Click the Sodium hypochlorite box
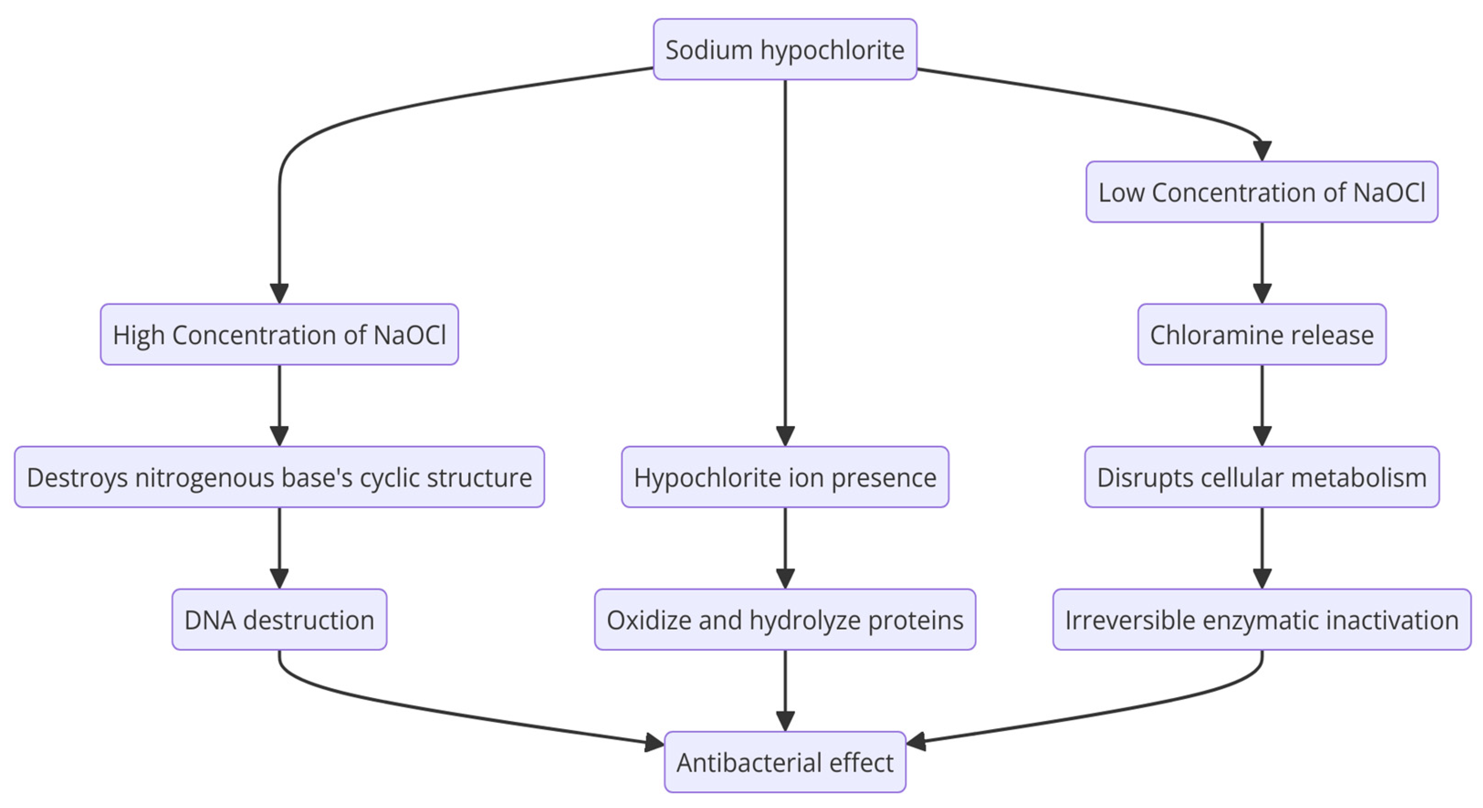[x=785, y=49]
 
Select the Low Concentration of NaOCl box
[x=1261, y=192]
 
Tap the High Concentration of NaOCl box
[x=279, y=334]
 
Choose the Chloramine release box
[x=1261, y=334]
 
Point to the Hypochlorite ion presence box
[x=785, y=477]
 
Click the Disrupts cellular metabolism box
[x=1261, y=477]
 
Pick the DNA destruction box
[x=279, y=620]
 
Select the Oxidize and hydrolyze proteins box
[x=785, y=620]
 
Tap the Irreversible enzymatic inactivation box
[x=1261, y=620]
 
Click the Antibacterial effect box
[x=785, y=762]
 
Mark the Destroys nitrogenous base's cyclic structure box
[x=279, y=477]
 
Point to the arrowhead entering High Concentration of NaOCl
[x=279, y=293]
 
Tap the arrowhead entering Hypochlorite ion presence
[x=785, y=436]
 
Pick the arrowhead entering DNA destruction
[x=279, y=579]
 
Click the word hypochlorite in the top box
[x=832, y=51]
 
